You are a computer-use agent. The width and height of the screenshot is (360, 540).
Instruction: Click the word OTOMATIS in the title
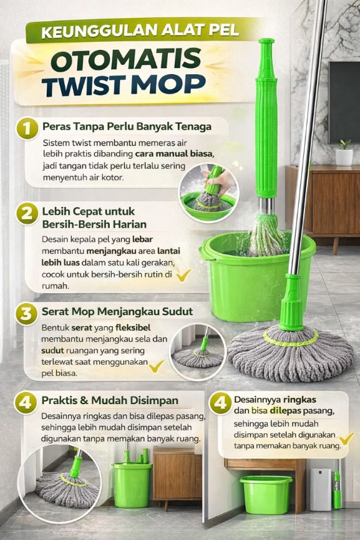click(127, 59)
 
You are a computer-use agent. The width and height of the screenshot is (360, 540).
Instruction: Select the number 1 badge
click(27, 128)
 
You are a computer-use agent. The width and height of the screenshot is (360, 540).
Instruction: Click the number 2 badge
click(27, 213)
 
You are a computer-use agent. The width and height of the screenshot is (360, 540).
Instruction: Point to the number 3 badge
click(26, 314)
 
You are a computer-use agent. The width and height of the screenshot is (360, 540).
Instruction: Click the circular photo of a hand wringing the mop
click(209, 192)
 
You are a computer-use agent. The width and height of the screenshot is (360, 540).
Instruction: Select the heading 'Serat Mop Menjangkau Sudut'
click(117, 311)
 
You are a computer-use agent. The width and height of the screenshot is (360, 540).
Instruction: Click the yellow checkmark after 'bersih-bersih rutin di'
click(183, 275)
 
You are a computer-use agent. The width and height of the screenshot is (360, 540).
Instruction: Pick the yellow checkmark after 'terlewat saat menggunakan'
click(157, 366)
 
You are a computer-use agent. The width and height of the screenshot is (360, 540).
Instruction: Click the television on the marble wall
click(344, 102)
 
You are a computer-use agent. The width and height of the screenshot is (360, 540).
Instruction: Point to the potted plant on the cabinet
click(344, 153)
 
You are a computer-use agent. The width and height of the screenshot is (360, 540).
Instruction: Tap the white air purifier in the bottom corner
click(320, 489)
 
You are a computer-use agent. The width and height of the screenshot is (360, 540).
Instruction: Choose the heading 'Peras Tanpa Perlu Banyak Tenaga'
click(127, 127)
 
